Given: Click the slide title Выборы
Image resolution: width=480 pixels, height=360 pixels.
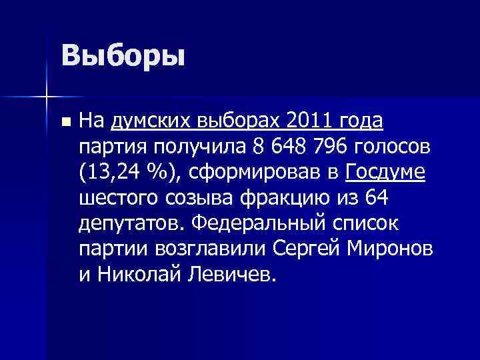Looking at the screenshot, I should [122, 55].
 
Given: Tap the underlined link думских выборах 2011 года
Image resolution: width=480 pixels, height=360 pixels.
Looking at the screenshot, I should [247, 122].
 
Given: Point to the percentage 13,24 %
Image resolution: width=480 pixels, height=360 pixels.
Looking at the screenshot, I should [128, 173].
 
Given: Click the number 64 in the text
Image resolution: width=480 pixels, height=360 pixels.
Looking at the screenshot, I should [373, 198].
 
